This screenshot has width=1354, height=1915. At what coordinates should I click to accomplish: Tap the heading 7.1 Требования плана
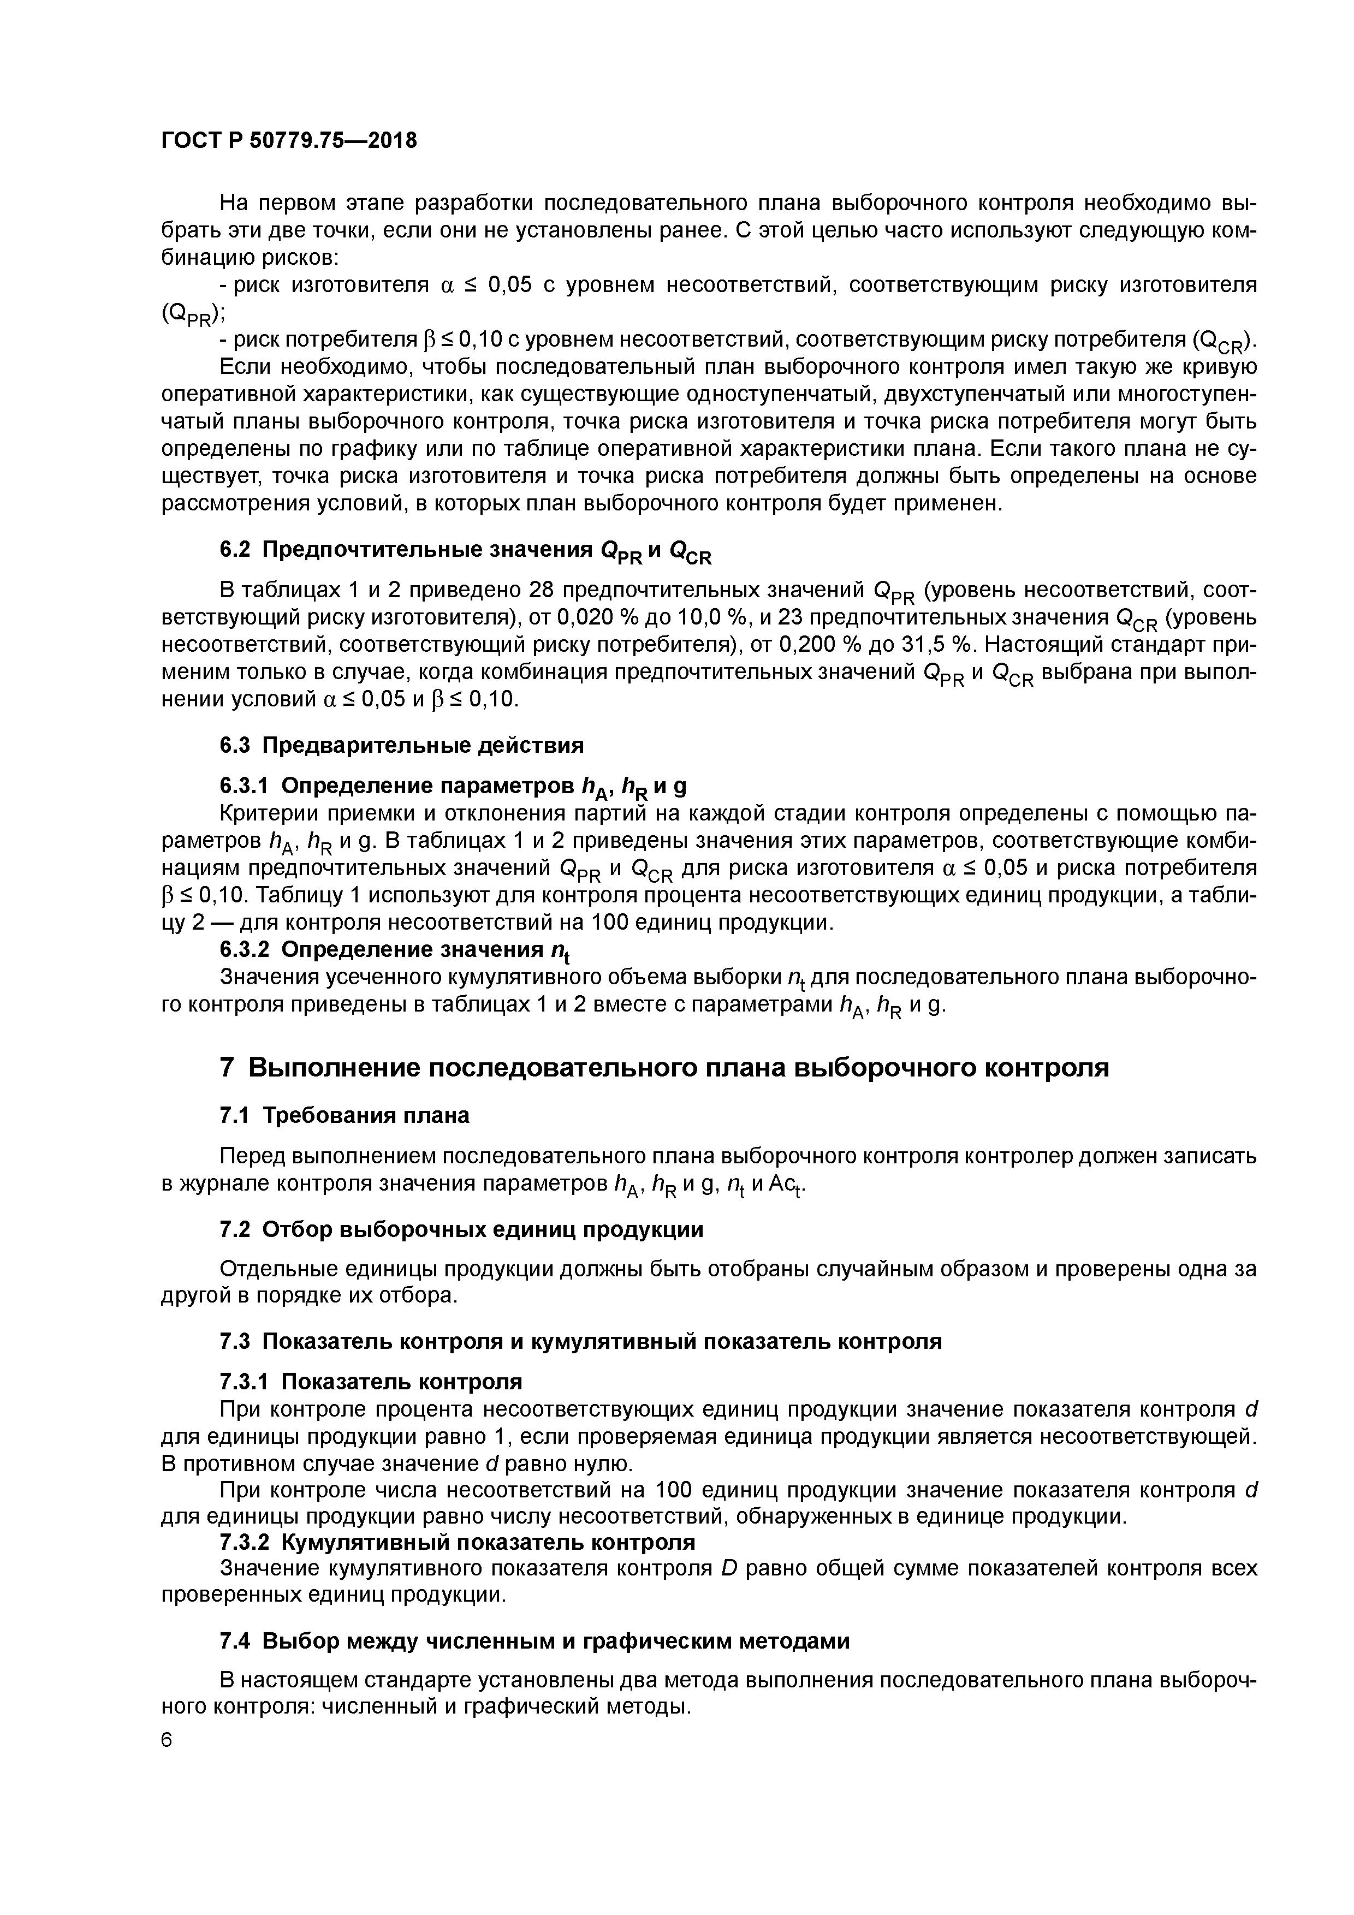pos(344,1115)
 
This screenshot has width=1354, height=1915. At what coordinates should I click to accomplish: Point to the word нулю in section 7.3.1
pos(604,1464)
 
